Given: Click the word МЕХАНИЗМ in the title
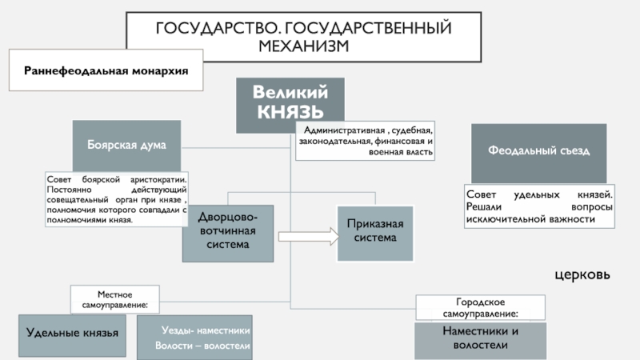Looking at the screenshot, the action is tap(304, 46).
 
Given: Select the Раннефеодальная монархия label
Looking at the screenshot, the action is tap(106, 70).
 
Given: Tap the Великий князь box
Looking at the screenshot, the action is tap(290, 105).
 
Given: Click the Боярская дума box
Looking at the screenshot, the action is tap(126, 146).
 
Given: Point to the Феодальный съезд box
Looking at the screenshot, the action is tap(538, 153).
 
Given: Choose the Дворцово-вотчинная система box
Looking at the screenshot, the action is tap(228, 233).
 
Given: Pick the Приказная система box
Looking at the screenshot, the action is tap(375, 233).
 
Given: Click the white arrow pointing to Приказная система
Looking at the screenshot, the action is tap(309, 236).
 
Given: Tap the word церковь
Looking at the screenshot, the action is tap(582, 274).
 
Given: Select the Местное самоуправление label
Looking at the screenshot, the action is tap(114, 299).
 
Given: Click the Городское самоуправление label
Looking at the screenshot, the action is tap(481, 307).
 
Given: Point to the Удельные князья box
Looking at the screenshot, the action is tap(72, 335).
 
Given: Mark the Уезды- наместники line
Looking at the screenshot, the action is tap(206, 330).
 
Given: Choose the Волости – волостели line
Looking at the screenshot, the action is tap(202, 346).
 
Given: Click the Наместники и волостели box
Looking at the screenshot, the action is tap(481, 341).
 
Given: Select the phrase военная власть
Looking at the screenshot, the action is tap(401, 152).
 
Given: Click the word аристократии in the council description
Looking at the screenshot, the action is tap(158, 179).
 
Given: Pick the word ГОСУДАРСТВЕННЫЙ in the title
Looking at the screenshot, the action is tap(368, 28).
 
